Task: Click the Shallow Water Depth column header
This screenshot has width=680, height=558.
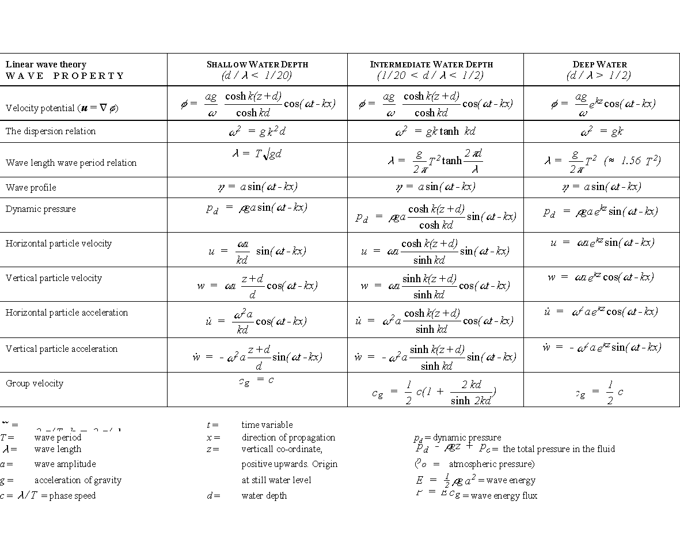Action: tap(257, 70)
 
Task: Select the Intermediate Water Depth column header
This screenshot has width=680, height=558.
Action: tap(431, 70)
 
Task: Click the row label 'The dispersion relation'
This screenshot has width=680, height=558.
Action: tap(51, 131)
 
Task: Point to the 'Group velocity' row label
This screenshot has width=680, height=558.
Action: tap(35, 384)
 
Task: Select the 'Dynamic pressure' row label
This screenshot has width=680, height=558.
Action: tap(41, 209)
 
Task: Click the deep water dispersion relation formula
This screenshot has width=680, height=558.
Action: tap(602, 132)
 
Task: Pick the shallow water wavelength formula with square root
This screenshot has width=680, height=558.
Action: tap(257, 154)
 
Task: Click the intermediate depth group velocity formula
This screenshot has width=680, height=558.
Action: tap(435, 392)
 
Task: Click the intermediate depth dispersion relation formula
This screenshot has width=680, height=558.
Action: tap(435, 132)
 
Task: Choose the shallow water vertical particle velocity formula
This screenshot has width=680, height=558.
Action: tap(257, 285)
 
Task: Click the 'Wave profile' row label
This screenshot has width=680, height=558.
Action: tap(31, 188)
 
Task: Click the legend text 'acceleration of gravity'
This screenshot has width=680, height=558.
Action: tap(78, 480)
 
